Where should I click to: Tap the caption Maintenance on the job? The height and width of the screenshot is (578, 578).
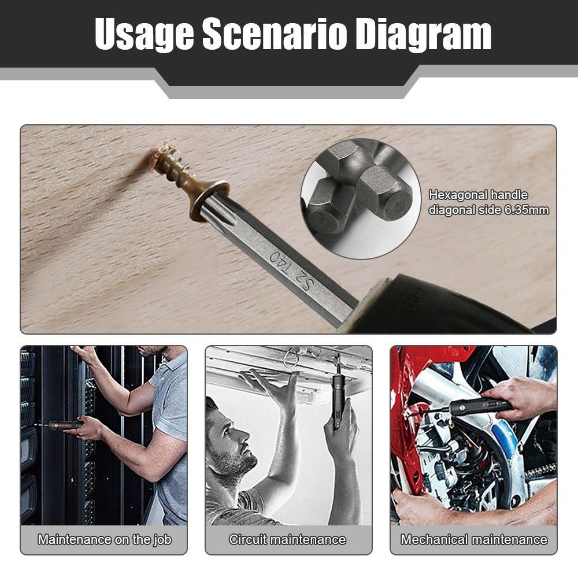coord(104,540)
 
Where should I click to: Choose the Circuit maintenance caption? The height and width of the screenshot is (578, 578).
coord(287,540)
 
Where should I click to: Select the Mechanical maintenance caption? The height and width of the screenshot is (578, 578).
coord(473,540)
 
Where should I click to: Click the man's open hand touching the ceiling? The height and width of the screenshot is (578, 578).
coord(272,384)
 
